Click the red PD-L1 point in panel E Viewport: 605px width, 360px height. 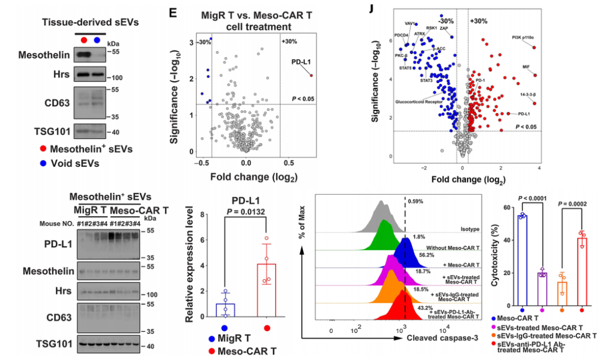(311, 75)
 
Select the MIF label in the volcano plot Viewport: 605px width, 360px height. (525, 67)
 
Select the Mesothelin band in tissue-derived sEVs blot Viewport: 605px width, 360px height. (84, 54)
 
